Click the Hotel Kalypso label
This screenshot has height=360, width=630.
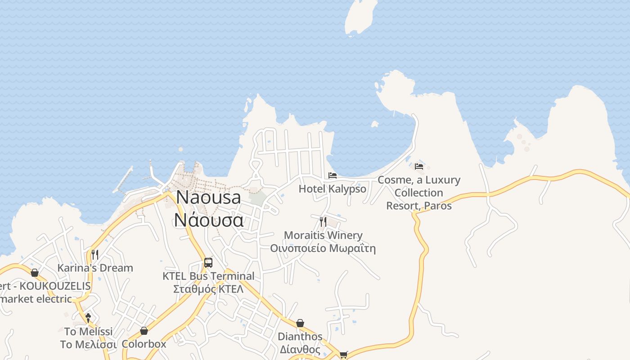(333, 189)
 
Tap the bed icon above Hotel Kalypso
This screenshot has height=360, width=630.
(333, 175)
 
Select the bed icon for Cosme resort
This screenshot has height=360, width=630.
(419, 166)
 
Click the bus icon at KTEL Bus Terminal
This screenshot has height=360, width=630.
(208, 263)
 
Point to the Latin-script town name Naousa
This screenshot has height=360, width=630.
(208, 198)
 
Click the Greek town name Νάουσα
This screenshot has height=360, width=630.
(209, 220)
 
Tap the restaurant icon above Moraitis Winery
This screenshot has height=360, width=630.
(323, 221)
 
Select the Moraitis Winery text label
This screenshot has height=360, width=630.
(323, 235)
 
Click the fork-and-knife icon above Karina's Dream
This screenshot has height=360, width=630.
(94, 255)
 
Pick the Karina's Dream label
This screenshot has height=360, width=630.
(95, 268)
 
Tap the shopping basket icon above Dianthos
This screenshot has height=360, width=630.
(300, 324)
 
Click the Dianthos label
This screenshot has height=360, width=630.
(300, 337)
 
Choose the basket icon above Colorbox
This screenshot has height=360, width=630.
(144, 331)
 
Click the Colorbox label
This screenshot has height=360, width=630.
(144, 344)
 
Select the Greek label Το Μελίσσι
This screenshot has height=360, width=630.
(88, 345)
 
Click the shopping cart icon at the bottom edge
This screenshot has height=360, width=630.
(344, 355)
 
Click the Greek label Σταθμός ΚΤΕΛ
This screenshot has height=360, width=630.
(208, 289)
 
